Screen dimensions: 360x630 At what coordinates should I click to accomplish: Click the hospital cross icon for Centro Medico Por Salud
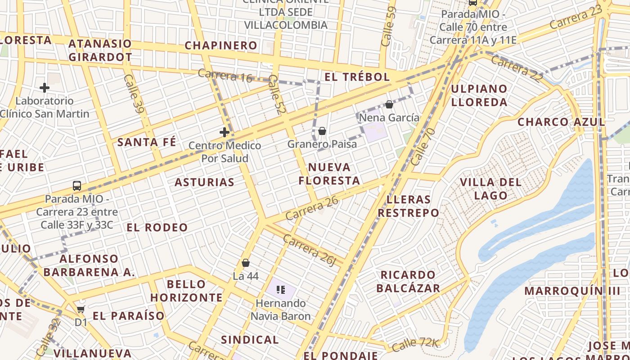pyautogui.click(x=225, y=132)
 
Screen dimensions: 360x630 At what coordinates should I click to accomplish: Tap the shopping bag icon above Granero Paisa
pyautogui.click(x=322, y=131)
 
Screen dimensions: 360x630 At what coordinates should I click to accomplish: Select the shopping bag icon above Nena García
pyautogui.click(x=389, y=104)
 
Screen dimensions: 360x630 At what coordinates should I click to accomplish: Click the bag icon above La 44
pyautogui.click(x=246, y=263)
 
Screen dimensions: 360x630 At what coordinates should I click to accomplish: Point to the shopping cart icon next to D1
pyautogui.click(x=81, y=309)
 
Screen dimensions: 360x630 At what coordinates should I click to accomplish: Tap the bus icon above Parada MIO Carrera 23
pyautogui.click(x=77, y=185)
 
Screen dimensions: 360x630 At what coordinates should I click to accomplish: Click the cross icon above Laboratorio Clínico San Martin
pyautogui.click(x=44, y=88)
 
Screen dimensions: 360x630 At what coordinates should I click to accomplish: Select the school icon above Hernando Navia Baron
pyautogui.click(x=281, y=290)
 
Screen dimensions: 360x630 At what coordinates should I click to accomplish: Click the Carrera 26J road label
pyautogui.click(x=310, y=249)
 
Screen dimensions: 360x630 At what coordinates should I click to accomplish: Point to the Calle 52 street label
pyautogui.click(x=276, y=94)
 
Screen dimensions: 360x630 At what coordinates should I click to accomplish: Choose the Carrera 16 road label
pyautogui.click(x=225, y=76)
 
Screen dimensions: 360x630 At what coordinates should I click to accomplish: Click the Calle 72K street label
pyautogui.click(x=415, y=345)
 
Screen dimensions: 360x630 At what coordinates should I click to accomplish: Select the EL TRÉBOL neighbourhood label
pyautogui.click(x=357, y=77)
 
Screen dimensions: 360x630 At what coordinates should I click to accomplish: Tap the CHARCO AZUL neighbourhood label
pyautogui.click(x=561, y=122)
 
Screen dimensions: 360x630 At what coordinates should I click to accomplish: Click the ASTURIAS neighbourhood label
pyautogui.click(x=204, y=182)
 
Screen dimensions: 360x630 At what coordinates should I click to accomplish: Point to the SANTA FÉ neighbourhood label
pyautogui.click(x=147, y=143)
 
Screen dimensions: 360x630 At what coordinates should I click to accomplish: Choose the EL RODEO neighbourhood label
pyautogui.click(x=157, y=227)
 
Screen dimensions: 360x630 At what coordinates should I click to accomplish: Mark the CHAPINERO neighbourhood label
pyautogui.click(x=221, y=45)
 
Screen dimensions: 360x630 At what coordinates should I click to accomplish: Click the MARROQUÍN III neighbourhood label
pyautogui.click(x=572, y=291)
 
